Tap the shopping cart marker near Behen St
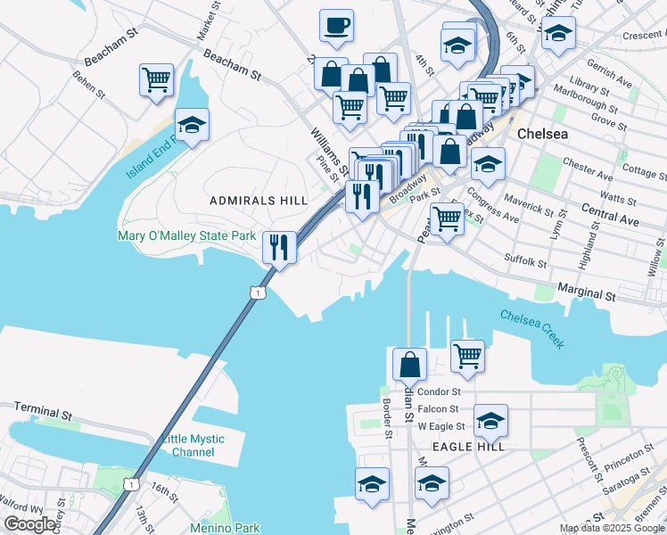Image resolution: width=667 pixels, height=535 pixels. tap(156, 80)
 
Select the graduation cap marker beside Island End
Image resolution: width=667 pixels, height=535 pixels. tap(192, 125)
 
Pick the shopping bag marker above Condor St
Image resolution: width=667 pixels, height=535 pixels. tap(409, 364)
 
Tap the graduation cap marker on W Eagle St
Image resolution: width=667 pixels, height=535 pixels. tap(490, 420)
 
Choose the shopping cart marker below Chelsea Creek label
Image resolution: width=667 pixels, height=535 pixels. tap(467, 356)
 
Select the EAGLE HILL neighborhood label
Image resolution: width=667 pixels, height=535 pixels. tap(469, 446)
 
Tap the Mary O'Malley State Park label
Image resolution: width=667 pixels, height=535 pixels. tap(187, 236)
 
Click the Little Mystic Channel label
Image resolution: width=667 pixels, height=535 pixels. tap(194, 446)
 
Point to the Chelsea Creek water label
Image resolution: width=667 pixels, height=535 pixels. tap(532, 329)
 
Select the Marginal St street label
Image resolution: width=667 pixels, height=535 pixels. tap(587, 292)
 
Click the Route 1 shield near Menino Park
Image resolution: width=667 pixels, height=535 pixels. tap(131, 484)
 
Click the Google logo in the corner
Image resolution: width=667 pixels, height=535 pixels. tap(29, 523)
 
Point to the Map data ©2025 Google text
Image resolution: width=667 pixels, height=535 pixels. tap(611, 528)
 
